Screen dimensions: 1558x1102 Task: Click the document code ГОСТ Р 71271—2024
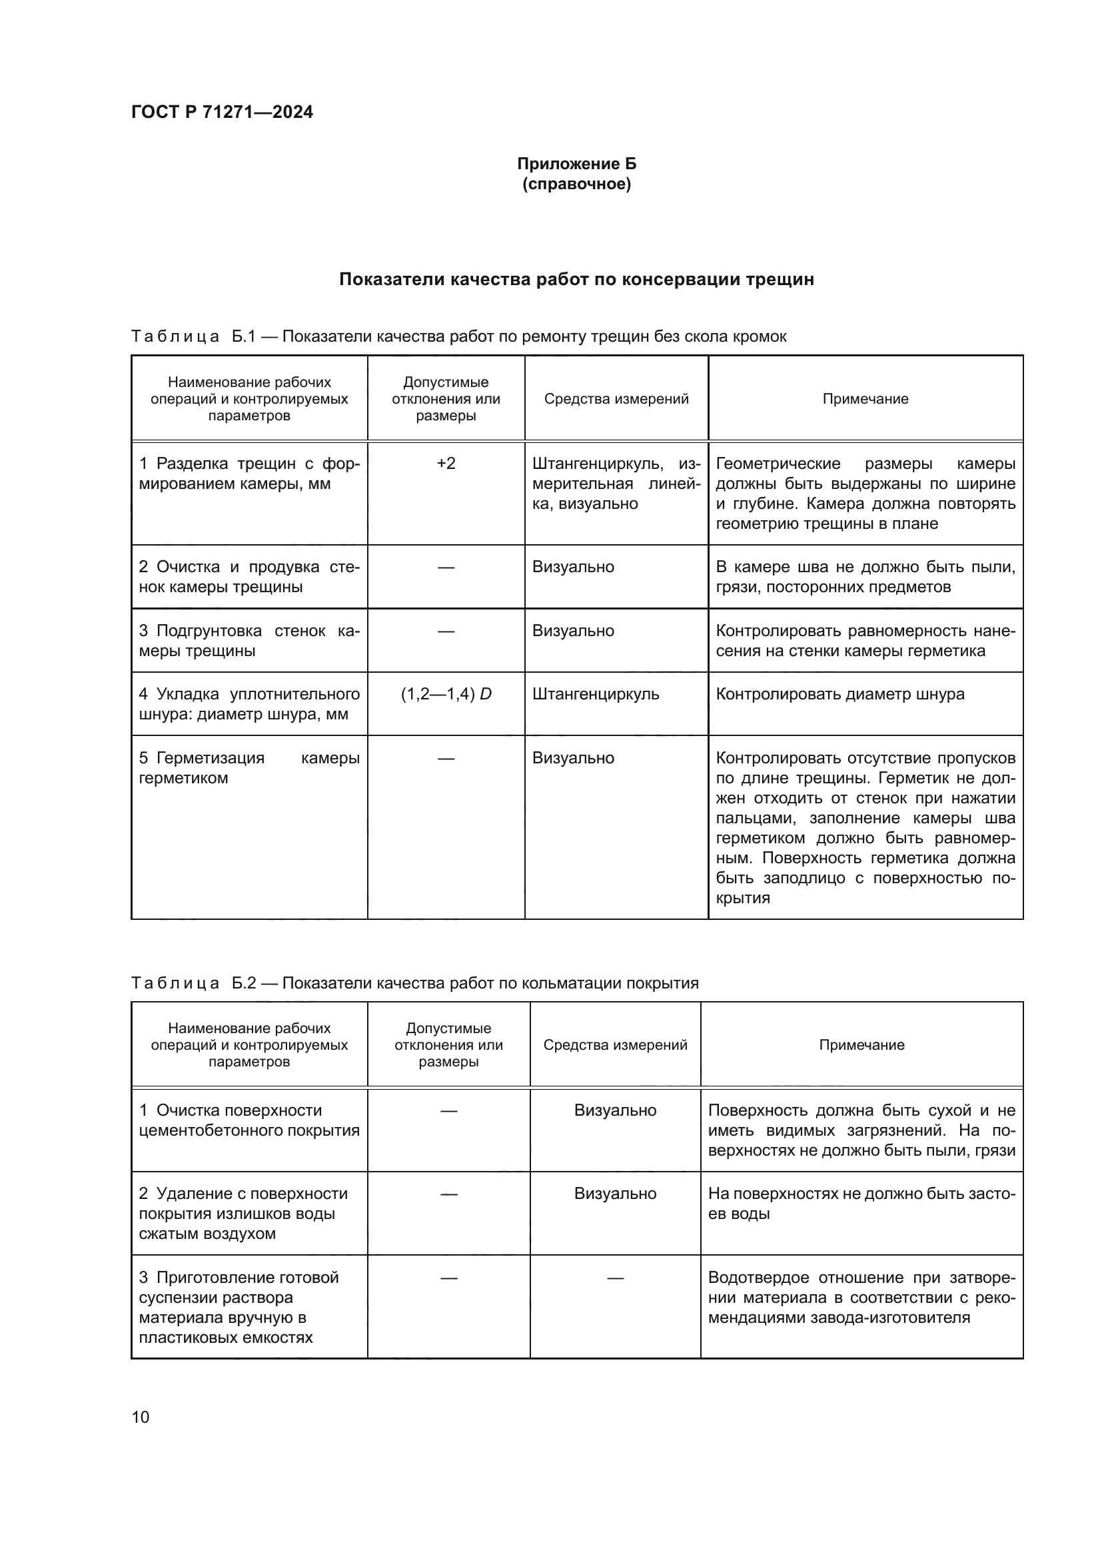click(x=222, y=112)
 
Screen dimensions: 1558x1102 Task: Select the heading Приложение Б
click(x=576, y=164)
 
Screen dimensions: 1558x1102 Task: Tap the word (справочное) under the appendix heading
click(x=576, y=185)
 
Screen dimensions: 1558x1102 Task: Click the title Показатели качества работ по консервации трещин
click(x=576, y=279)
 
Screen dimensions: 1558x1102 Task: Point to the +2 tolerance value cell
click(x=446, y=464)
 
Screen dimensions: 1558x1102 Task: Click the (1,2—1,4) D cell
click(x=446, y=694)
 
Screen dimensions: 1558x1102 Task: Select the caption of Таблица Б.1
click(x=458, y=336)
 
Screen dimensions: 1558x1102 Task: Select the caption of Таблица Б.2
click(x=414, y=983)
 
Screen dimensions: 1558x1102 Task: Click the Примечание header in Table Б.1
click(x=865, y=399)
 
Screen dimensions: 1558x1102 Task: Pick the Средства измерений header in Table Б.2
click(x=615, y=1045)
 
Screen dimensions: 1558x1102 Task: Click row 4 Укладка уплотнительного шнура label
click(x=249, y=704)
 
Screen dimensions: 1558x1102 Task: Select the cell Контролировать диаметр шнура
click(x=840, y=694)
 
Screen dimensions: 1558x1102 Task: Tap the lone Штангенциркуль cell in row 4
click(x=595, y=694)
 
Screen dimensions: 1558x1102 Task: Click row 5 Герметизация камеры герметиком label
click(x=249, y=768)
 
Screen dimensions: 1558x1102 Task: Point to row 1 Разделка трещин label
click(x=249, y=474)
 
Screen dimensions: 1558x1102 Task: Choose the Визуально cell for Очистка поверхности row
click(x=615, y=1110)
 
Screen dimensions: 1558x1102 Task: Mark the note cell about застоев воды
click(x=861, y=1204)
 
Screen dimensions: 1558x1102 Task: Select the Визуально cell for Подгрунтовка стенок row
click(x=573, y=631)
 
